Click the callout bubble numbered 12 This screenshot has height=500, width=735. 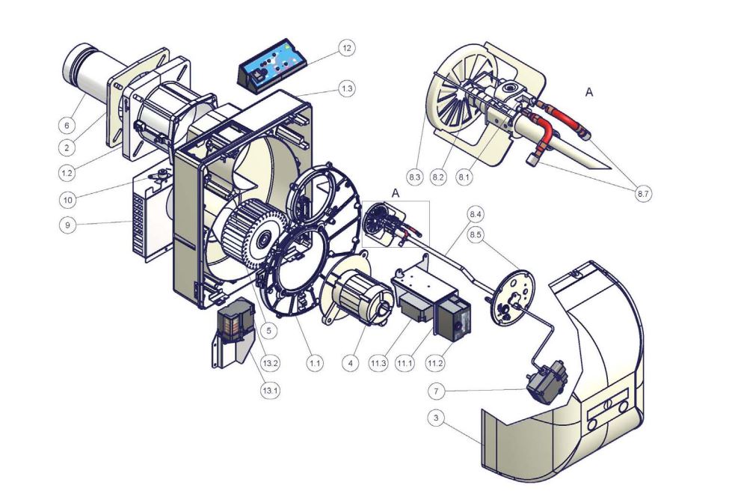(x=346, y=48)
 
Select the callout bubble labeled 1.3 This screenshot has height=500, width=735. (x=346, y=88)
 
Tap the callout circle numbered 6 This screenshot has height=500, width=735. (x=67, y=125)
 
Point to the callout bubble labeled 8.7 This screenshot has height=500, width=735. (x=643, y=193)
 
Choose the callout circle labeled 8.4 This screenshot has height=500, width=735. (x=476, y=214)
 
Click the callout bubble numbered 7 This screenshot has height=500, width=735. (x=437, y=391)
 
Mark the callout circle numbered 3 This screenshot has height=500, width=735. (x=437, y=418)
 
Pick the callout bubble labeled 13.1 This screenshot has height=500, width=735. (x=271, y=390)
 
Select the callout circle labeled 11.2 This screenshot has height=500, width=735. (x=435, y=363)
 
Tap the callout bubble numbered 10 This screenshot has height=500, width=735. (x=68, y=201)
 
